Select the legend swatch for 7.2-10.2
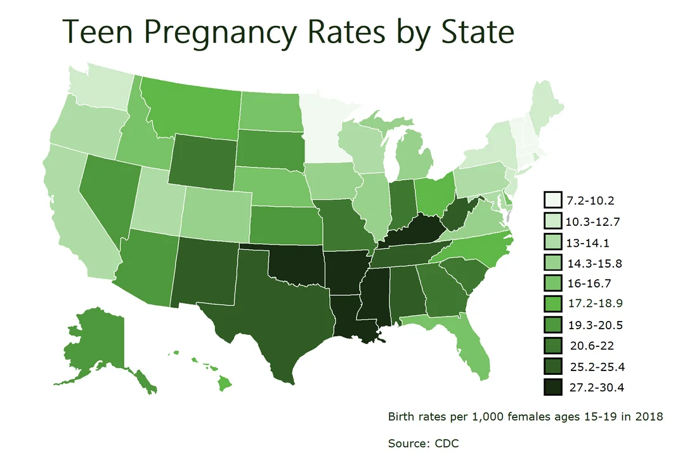coord(552,200)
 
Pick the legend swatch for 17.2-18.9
coord(552,304)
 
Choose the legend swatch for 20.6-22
coord(552,346)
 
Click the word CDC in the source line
coord(447,443)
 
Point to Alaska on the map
coord(95,346)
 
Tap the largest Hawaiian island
coord(225,384)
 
